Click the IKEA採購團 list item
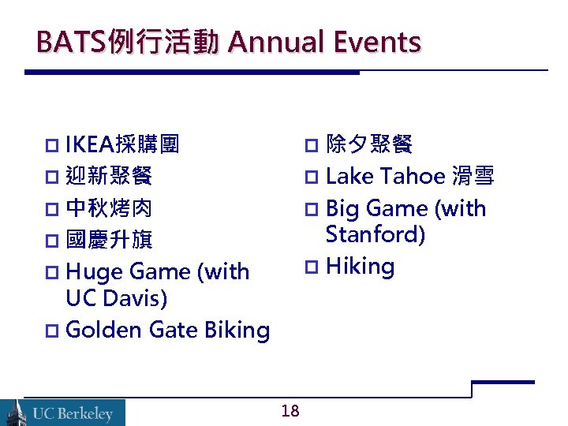point(122,144)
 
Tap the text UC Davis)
point(117,299)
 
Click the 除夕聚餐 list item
point(368,144)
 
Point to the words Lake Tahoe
point(386,177)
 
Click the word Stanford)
point(375,235)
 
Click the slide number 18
point(290,410)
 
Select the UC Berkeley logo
point(63,412)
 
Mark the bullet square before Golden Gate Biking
point(52,331)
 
